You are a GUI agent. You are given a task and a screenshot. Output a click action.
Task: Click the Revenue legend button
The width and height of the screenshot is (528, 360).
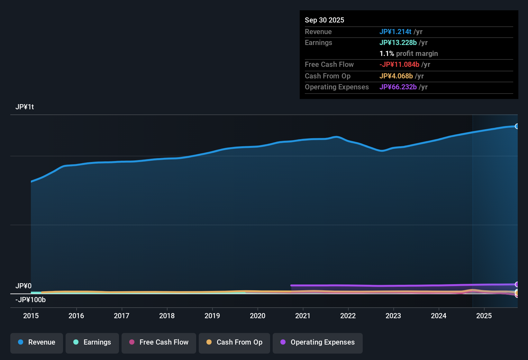(x=37, y=342)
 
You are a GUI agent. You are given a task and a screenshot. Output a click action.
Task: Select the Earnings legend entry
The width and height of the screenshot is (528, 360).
(x=92, y=342)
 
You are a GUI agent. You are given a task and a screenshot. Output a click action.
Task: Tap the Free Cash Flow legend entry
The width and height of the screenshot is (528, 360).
(x=159, y=342)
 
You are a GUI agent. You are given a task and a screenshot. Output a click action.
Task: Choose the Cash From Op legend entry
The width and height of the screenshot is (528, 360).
(x=234, y=342)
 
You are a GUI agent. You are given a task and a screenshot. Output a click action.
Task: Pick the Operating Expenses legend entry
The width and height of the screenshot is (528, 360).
(x=318, y=342)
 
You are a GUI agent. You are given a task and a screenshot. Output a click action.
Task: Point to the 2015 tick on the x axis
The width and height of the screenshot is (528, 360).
(x=31, y=316)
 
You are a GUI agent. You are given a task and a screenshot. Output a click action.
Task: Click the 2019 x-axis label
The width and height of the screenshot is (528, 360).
(x=212, y=316)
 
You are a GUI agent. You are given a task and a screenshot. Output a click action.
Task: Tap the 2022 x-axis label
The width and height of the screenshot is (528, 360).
(x=348, y=316)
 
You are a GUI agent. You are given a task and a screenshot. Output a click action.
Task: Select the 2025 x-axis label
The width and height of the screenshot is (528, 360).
(x=484, y=316)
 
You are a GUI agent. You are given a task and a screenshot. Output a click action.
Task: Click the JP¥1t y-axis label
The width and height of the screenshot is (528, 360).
(x=25, y=107)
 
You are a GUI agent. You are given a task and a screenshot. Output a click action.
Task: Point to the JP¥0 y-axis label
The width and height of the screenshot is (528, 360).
(x=23, y=286)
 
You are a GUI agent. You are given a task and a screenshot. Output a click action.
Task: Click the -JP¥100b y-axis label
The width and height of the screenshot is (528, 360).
(x=31, y=300)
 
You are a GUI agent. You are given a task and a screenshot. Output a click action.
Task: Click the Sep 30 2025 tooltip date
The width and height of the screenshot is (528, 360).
(x=324, y=20)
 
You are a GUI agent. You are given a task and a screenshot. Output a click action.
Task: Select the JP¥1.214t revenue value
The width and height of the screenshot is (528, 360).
(x=395, y=32)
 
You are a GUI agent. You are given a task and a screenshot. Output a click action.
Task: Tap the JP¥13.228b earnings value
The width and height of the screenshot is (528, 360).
(x=398, y=42)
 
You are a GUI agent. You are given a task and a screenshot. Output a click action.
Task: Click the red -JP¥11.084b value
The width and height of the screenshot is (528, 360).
(x=399, y=64)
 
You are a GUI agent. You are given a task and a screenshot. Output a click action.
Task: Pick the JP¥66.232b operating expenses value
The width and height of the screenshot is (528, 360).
(x=398, y=87)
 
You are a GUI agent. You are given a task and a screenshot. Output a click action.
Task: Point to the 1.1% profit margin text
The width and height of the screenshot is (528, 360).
(x=408, y=53)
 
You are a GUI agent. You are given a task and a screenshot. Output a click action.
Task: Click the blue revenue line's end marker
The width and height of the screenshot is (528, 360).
(x=517, y=126)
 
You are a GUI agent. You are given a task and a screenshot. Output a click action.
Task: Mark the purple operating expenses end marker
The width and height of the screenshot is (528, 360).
(x=517, y=284)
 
